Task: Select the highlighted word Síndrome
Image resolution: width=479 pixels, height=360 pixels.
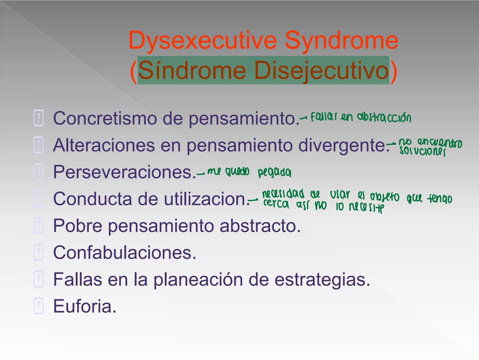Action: [x=192, y=71]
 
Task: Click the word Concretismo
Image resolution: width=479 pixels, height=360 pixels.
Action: [x=105, y=118]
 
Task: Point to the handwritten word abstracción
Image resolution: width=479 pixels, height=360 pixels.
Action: [x=384, y=117]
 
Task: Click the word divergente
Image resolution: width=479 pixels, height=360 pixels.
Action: [x=343, y=145]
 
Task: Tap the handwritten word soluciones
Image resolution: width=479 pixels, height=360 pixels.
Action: [x=422, y=152]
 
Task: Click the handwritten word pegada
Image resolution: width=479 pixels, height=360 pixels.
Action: [x=274, y=173]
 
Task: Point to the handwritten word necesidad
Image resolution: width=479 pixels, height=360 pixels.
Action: [x=283, y=194]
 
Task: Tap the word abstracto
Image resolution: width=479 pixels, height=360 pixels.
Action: [x=260, y=226]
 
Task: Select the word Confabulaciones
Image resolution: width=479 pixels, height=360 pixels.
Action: [x=125, y=253]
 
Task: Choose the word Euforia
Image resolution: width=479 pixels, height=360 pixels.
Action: [x=85, y=306]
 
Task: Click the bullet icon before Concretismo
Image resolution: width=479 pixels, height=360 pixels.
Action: [x=39, y=118]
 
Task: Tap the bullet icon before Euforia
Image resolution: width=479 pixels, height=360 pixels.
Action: [x=39, y=306]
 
